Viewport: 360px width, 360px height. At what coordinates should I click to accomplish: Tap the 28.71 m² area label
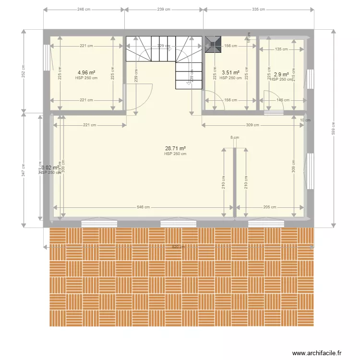coord(175,149)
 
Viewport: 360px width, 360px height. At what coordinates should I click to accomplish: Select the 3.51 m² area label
coord(230,73)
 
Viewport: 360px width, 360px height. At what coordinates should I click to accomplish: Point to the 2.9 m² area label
coord(281,74)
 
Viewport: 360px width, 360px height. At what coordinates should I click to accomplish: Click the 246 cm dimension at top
coord(84,9)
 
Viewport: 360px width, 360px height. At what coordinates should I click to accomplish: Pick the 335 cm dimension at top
coord(258,9)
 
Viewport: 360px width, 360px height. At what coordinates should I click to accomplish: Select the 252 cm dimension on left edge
coord(23,72)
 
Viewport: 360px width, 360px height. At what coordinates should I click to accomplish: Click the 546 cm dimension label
coord(143,207)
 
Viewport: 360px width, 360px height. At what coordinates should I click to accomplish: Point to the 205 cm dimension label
coord(270,207)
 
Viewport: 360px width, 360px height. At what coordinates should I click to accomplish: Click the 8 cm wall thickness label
coord(234,138)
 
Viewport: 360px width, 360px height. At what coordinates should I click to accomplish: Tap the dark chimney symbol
coord(212,44)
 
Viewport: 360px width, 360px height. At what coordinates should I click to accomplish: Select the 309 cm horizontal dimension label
coord(252,125)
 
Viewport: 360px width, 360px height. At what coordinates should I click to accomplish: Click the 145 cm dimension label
coord(283,100)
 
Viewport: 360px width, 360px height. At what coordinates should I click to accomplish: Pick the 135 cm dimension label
coord(282,49)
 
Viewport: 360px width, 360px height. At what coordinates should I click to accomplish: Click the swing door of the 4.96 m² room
coord(139,96)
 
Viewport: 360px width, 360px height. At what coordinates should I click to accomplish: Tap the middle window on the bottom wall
coord(178,223)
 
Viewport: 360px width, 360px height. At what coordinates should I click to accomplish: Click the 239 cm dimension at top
coord(164,9)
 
